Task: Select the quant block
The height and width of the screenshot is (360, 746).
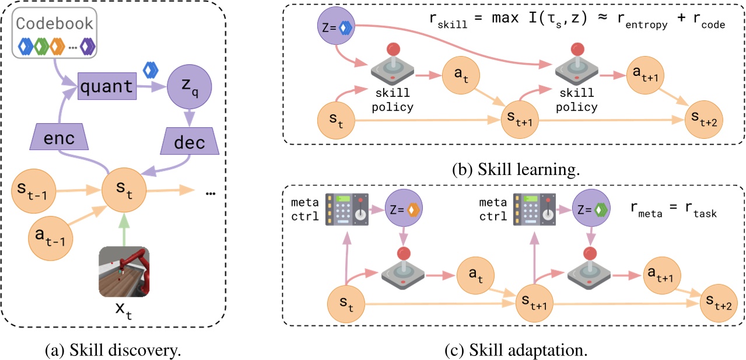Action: (x=106, y=87)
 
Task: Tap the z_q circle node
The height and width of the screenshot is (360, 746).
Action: (x=188, y=87)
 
